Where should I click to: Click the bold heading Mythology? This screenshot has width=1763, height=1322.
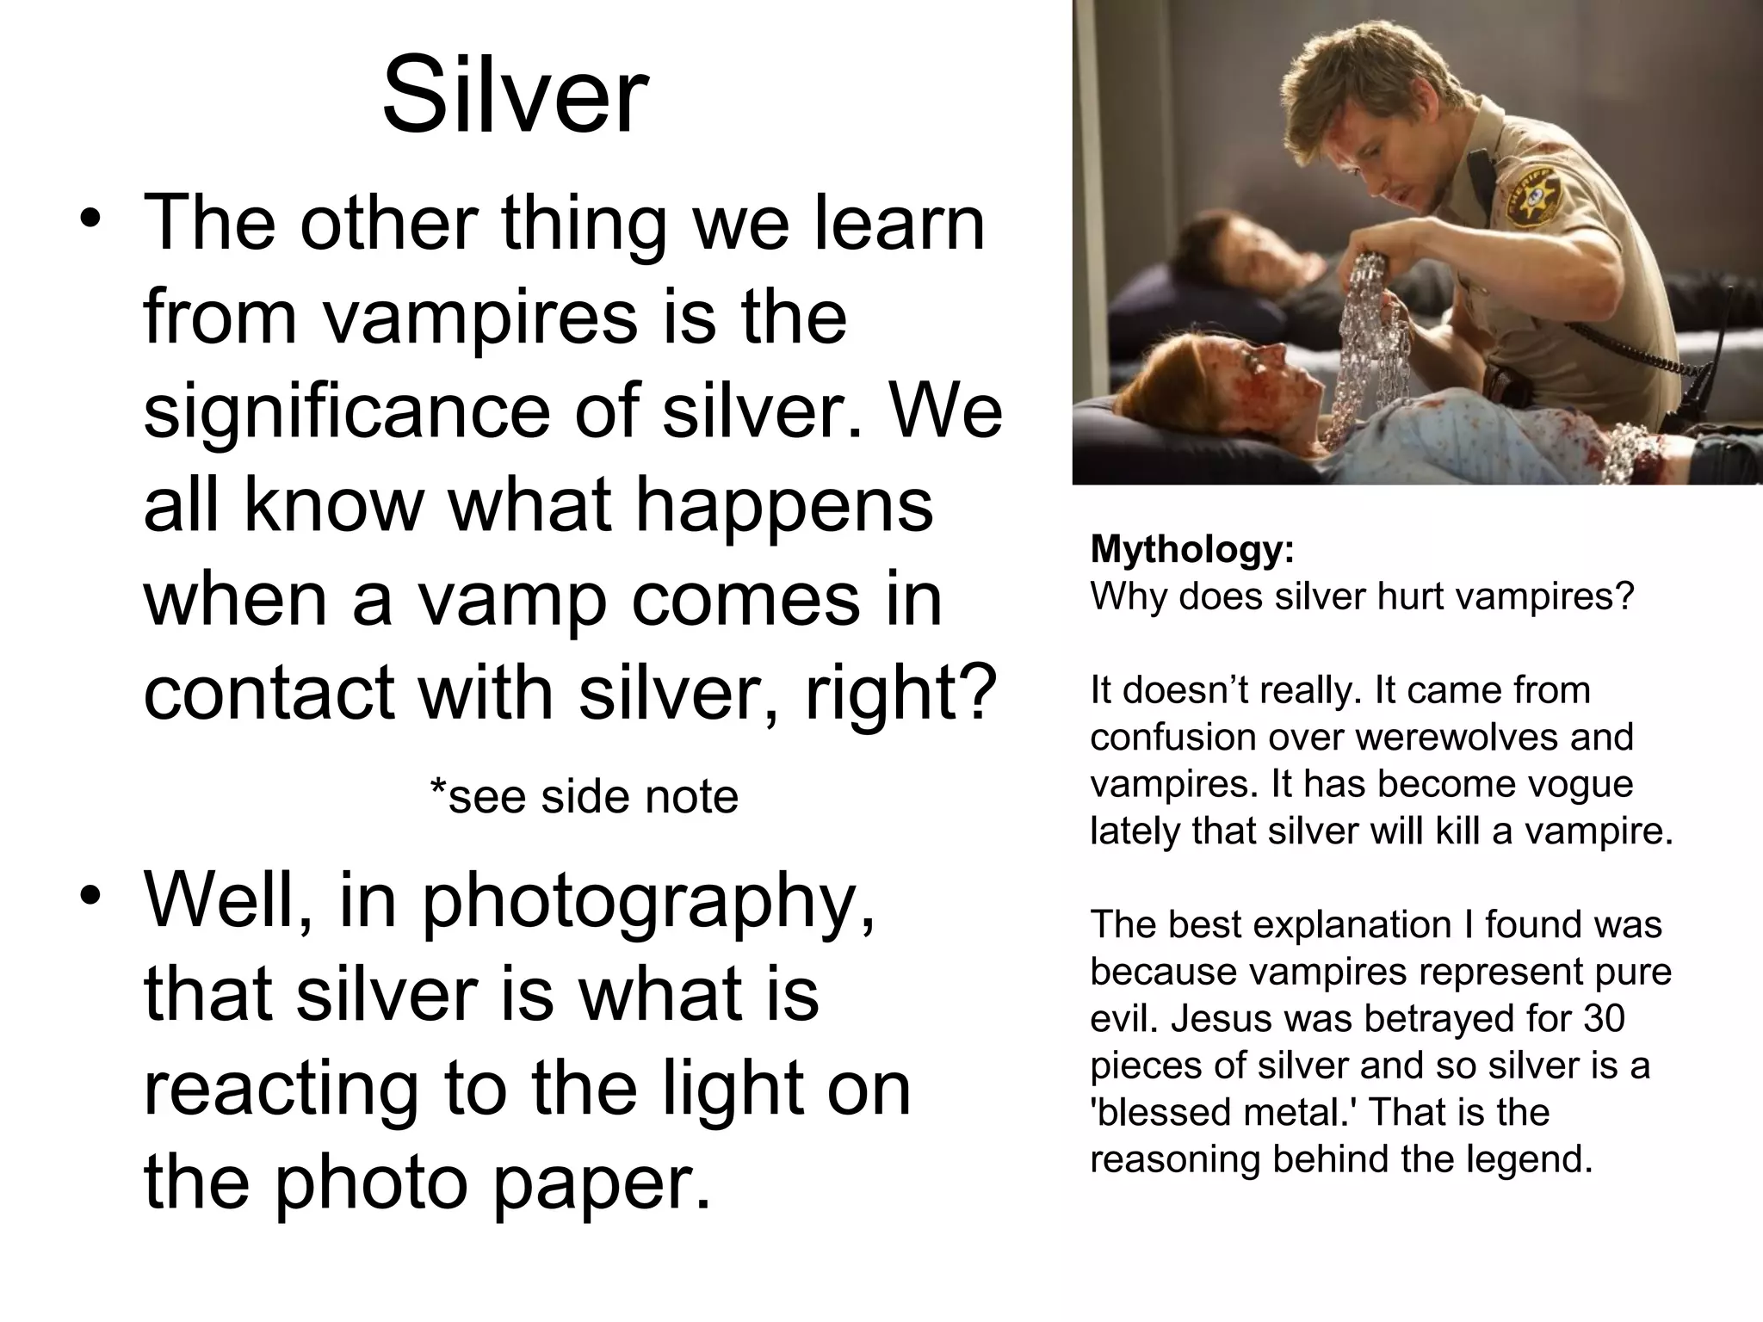(1192, 549)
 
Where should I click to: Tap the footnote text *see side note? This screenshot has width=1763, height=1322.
(584, 796)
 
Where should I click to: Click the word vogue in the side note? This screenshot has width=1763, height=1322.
(1580, 783)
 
